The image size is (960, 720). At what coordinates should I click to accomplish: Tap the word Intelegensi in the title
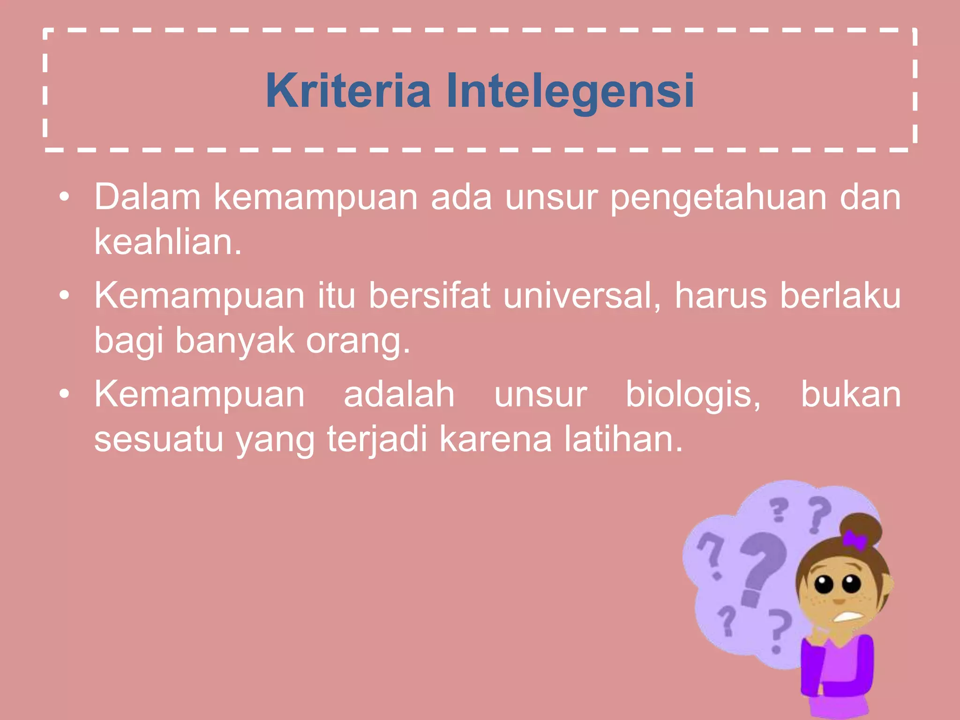click(570, 91)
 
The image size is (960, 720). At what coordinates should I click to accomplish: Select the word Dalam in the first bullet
click(148, 197)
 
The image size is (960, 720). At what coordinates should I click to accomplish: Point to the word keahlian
click(168, 242)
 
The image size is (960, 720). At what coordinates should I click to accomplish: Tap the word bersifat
click(429, 296)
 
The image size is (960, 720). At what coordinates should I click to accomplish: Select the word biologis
click(693, 395)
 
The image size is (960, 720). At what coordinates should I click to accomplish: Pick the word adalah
click(399, 394)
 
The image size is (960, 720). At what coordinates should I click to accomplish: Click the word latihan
click(623, 439)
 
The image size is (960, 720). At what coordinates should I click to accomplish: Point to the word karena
click(496, 440)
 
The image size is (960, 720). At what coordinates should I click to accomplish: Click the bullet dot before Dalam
click(65, 197)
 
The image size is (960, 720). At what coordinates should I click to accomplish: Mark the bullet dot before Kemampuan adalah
click(65, 394)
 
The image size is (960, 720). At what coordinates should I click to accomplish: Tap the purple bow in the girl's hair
click(855, 540)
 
